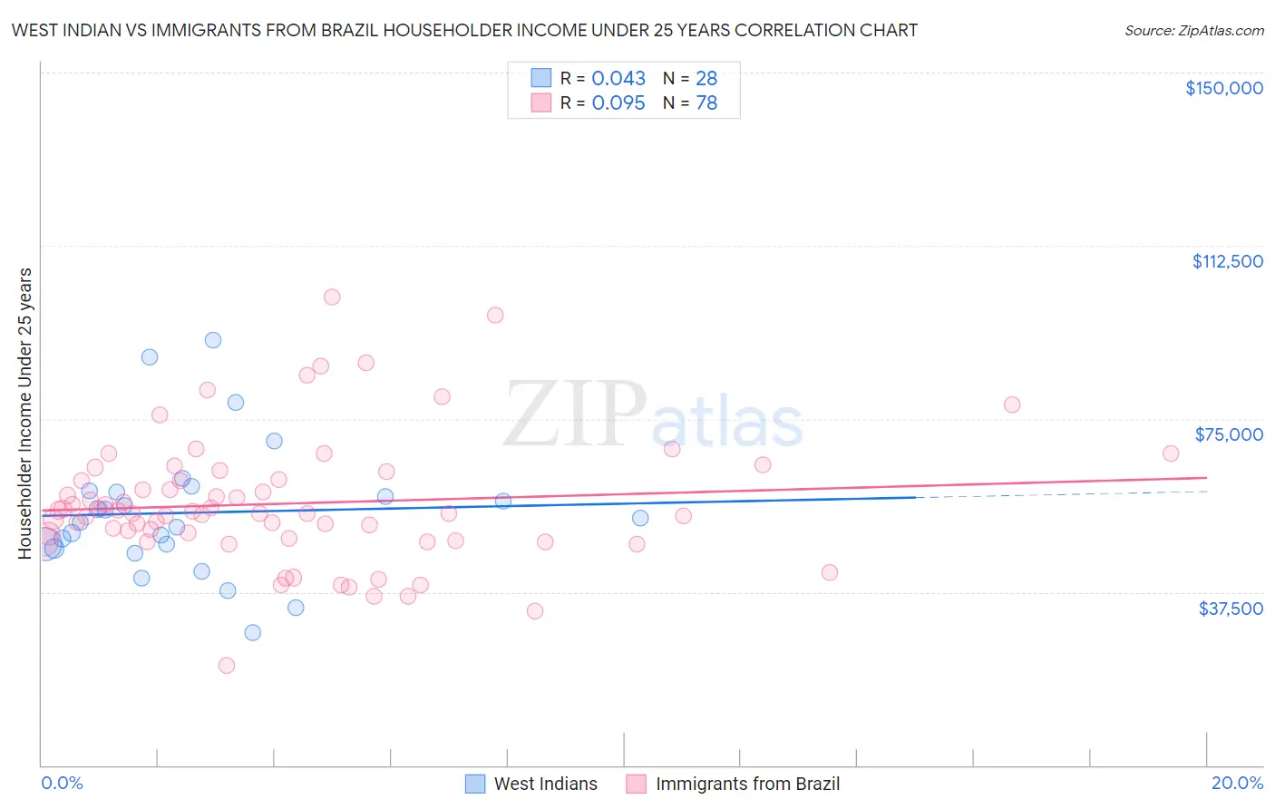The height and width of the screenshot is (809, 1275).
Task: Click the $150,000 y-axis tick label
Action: pos(1223,88)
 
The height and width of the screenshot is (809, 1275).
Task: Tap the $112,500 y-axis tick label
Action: pos(1227,261)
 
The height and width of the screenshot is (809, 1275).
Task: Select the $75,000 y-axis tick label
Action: pos(1229,434)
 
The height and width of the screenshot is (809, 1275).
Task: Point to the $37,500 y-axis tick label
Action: pos(1231,609)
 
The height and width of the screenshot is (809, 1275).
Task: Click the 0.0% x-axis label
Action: pos(62,783)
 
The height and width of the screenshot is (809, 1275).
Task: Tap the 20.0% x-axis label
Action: pos(1237,783)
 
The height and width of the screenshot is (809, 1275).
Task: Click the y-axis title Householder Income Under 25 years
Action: pos(25,413)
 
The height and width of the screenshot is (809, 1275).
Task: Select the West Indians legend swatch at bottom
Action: pos(475,784)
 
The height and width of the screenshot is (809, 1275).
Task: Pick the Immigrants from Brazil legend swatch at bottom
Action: pos(637,784)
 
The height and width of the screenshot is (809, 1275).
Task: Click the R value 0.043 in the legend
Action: pos(618,79)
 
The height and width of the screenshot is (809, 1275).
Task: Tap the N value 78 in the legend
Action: pos(706,103)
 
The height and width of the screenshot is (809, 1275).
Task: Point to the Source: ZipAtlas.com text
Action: pos(1193,31)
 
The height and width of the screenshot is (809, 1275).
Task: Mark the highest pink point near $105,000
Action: pos(332,297)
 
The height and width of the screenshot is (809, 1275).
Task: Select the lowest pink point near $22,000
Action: pos(227,665)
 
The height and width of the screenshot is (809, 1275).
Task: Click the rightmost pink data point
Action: pos(1171,453)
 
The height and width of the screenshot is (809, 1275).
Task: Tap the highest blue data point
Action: pos(213,340)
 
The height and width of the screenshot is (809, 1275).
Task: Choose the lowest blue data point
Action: pos(253,632)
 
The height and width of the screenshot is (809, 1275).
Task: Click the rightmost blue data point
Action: pos(640,518)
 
